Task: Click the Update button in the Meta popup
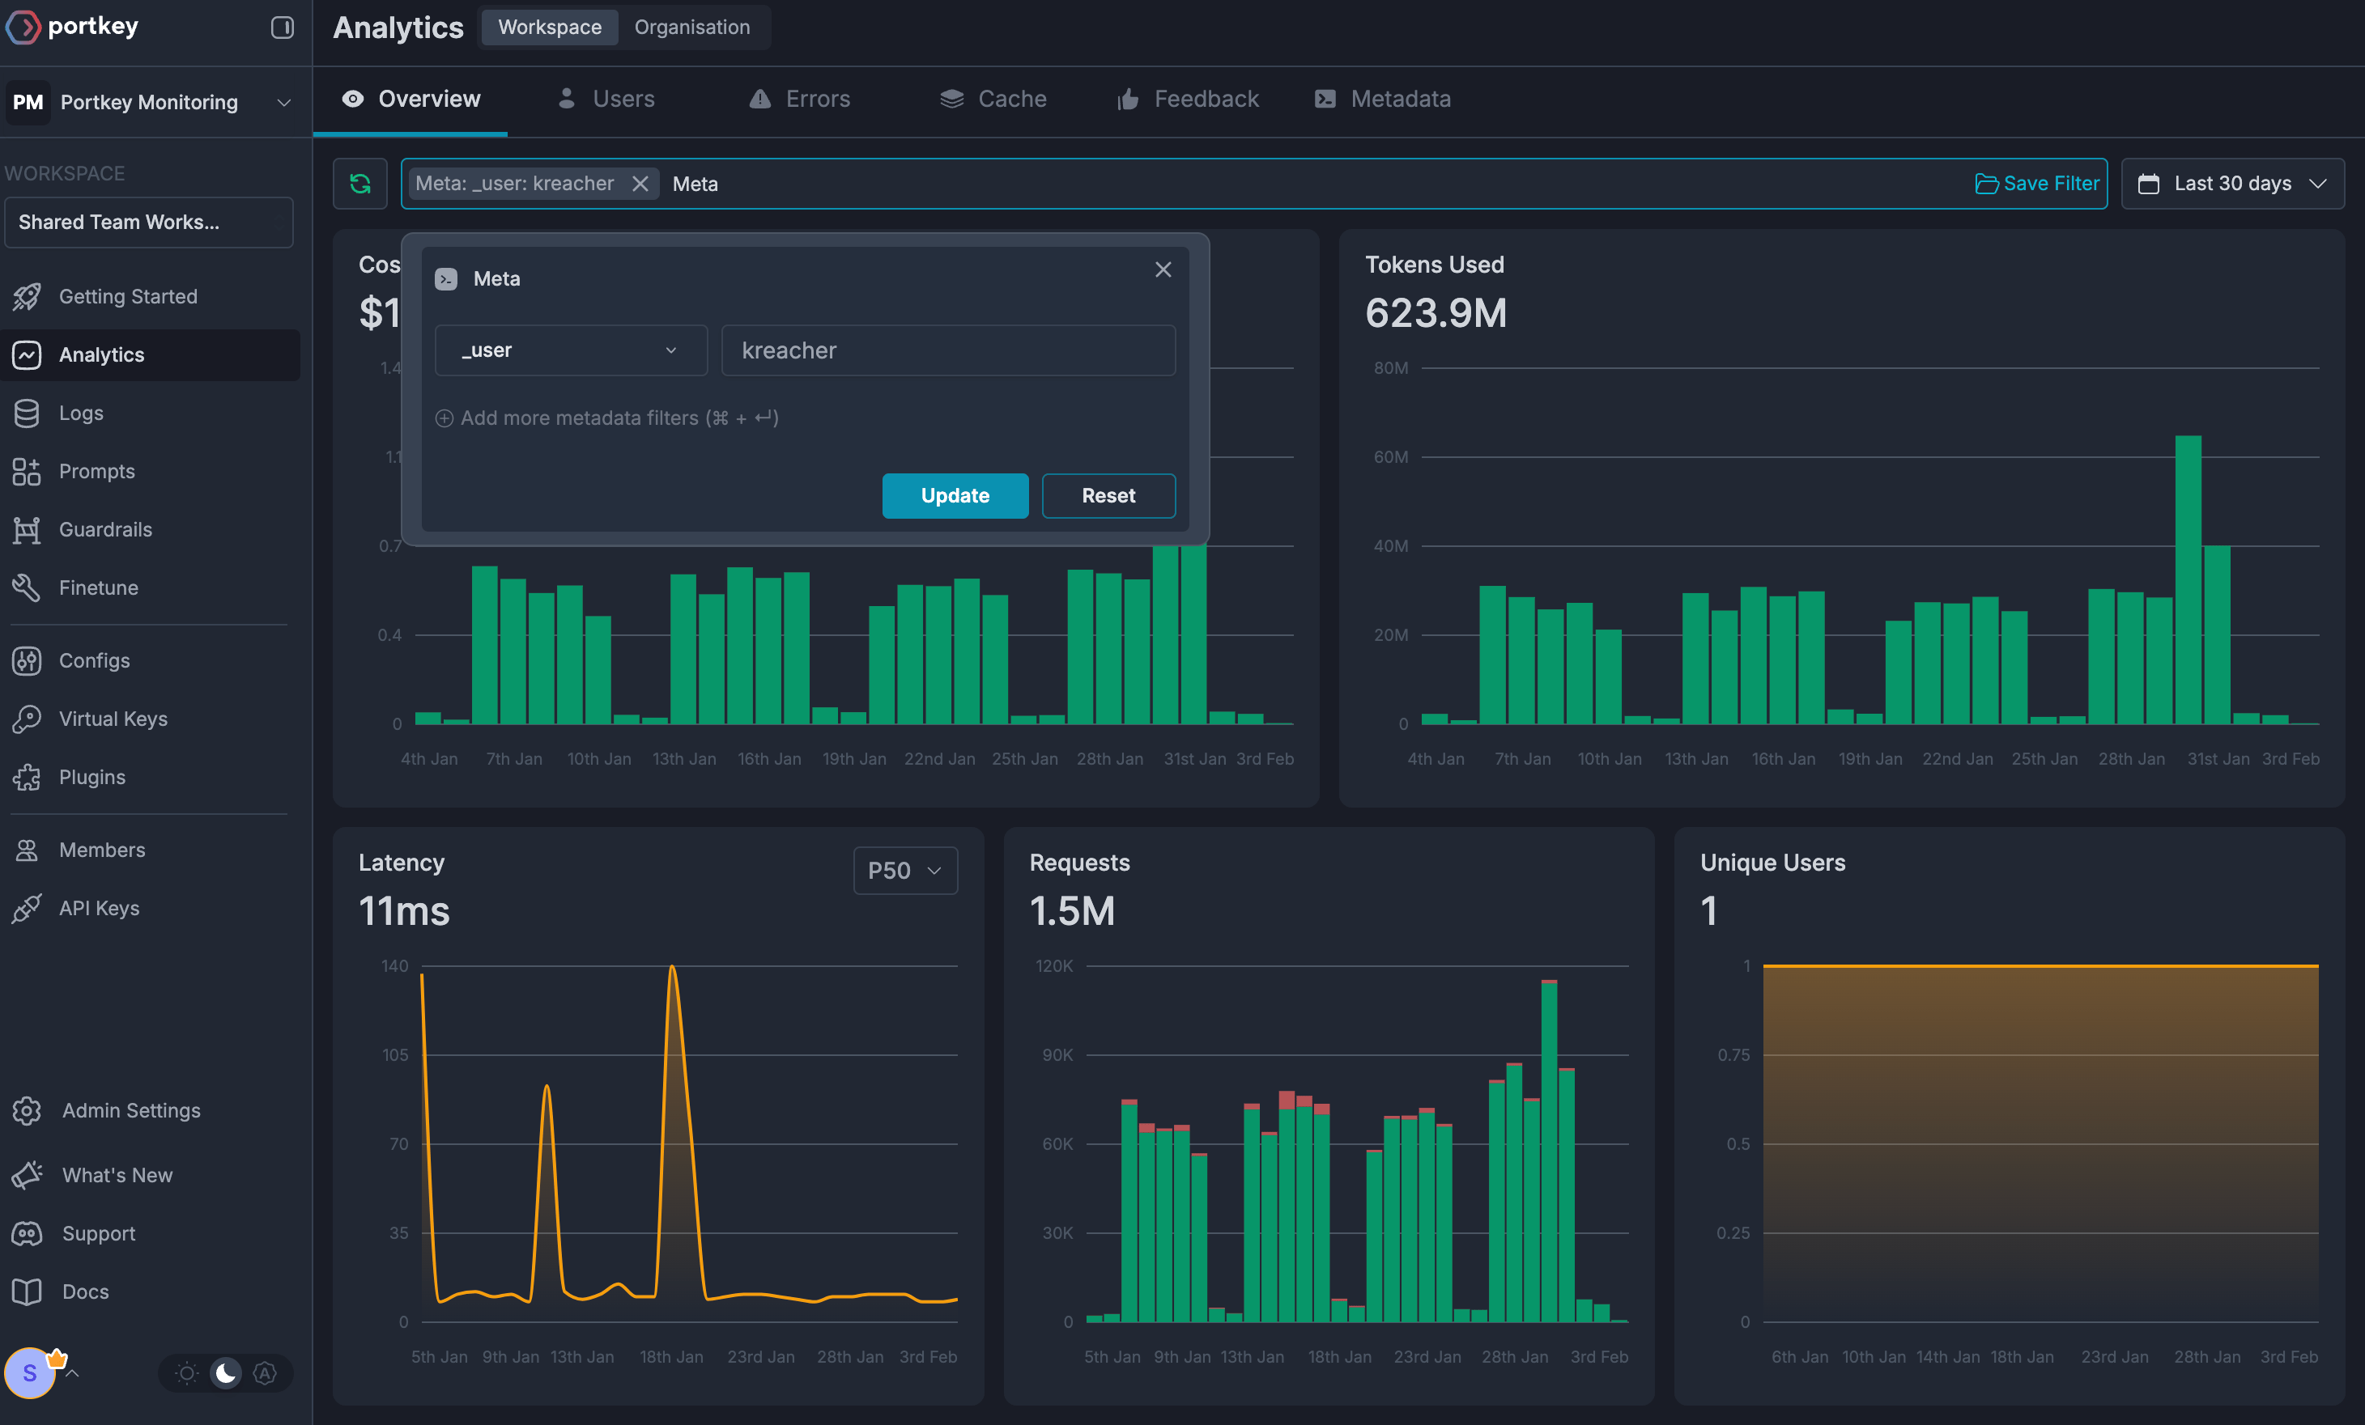(955, 495)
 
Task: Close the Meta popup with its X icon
(1163, 269)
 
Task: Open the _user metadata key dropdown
(571, 350)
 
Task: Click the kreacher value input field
(948, 350)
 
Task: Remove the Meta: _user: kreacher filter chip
(640, 183)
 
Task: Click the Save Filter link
(2037, 183)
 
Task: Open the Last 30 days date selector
(2232, 183)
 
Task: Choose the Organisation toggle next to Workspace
(692, 27)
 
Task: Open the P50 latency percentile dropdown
(905, 871)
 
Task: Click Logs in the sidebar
(81, 413)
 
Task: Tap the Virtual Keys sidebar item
(113, 719)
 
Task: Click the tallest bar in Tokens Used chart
(2188, 579)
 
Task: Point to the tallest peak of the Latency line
(672, 966)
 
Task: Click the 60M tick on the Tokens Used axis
(1391, 456)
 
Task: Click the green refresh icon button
(360, 183)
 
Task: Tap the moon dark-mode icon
(226, 1373)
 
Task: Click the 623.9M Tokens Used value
(1436, 313)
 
